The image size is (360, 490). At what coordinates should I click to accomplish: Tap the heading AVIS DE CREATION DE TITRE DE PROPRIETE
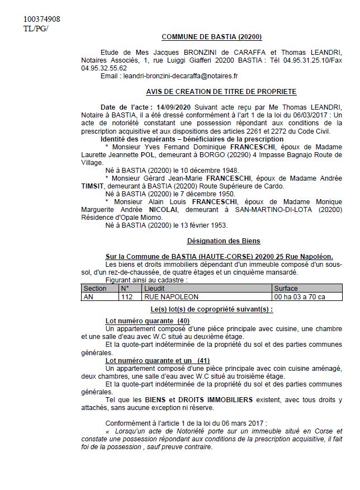[217, 92]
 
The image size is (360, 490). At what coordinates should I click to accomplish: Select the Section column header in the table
[94, 288]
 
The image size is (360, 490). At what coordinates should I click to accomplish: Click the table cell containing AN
[88, 296]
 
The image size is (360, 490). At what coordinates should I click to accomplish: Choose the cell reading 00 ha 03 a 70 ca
[300, 296]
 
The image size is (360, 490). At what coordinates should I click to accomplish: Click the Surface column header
[286, 288]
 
